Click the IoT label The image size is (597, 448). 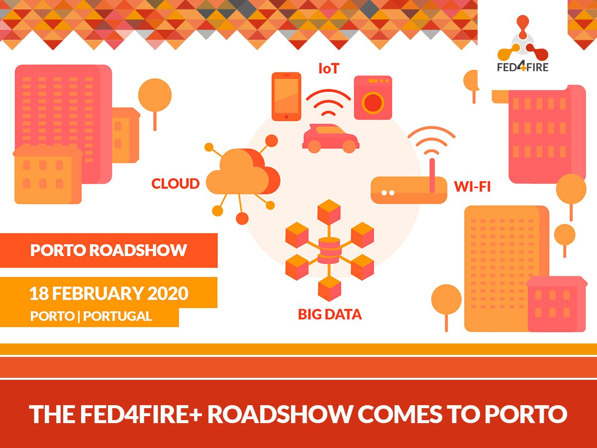(329, 69)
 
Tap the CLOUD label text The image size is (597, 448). (176, 184)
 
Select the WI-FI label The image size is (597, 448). (473, 187)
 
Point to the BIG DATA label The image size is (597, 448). (330, 315)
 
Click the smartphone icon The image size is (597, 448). (287, 97)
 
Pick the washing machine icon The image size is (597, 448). (373, 98)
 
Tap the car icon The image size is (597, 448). (331, 138)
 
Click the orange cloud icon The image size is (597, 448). (243, 172)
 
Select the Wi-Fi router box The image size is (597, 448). (409, 190)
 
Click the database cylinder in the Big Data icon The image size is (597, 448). (329, 250)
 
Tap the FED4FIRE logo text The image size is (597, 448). (522, 67)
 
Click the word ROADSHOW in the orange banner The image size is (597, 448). (138, 250)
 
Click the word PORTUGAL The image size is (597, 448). (117, 317)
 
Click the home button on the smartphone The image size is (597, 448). (287, 117)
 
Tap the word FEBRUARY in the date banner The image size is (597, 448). (98, 294)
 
